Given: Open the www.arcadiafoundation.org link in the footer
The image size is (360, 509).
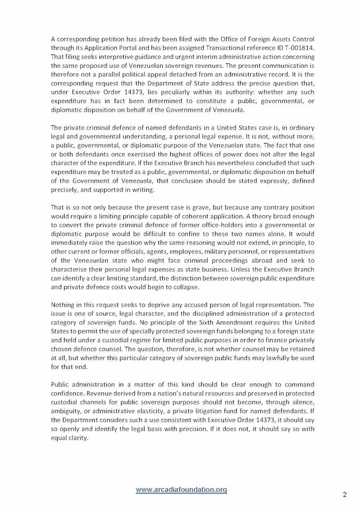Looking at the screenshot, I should pyautogui.click(x=181, y=489).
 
